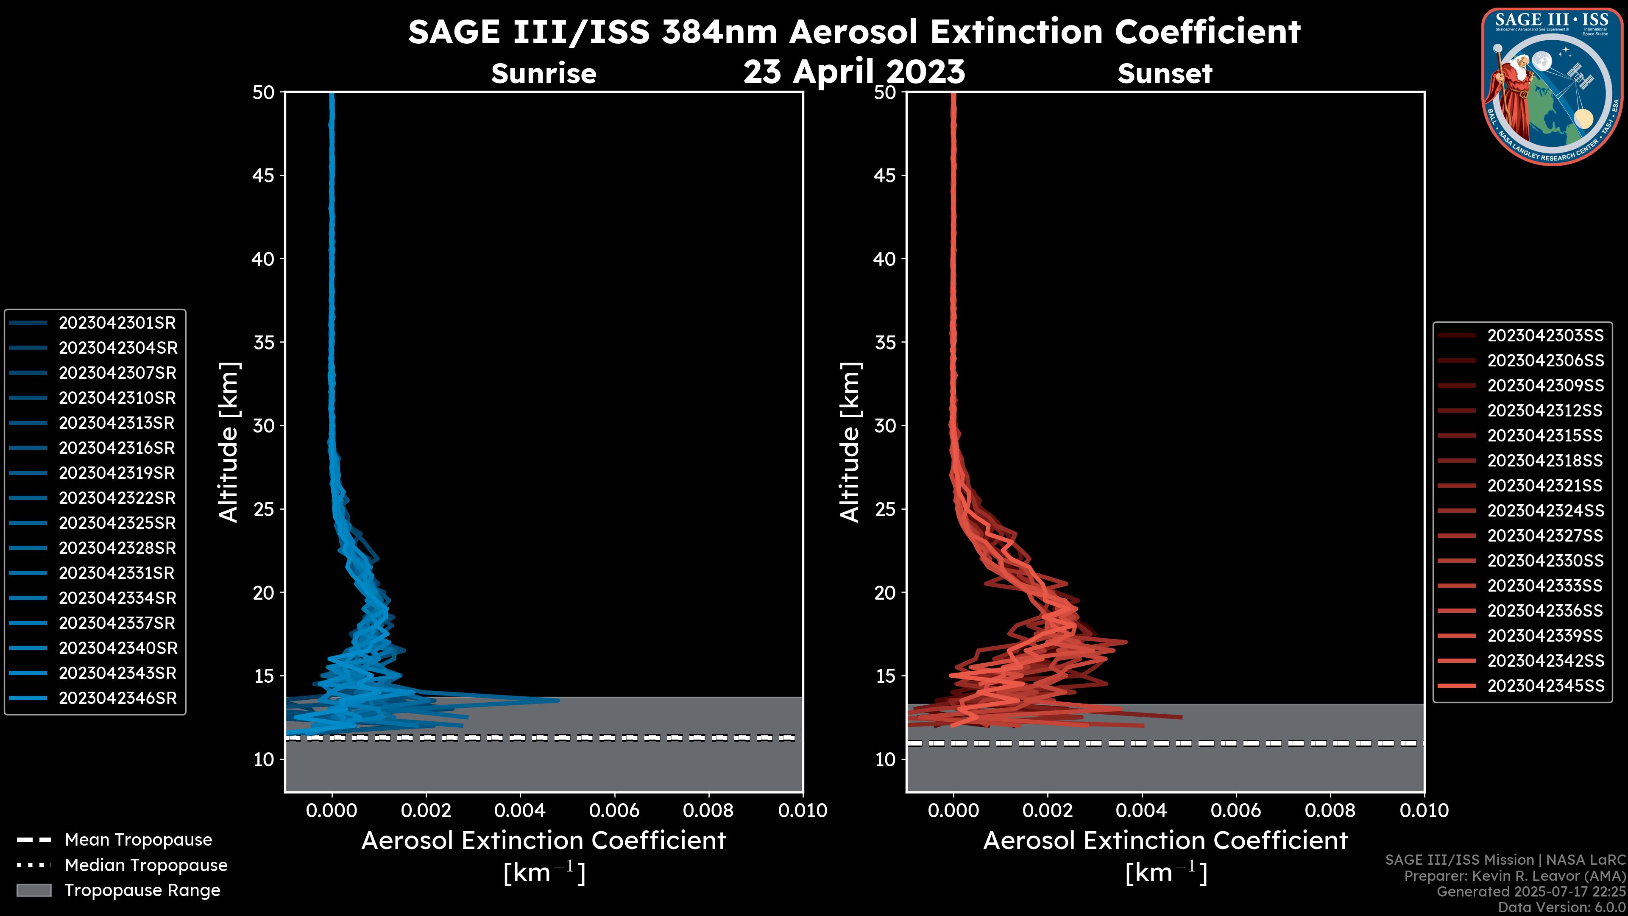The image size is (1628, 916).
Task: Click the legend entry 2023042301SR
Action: pos(117,323)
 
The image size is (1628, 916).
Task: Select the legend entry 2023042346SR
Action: pos(117,698)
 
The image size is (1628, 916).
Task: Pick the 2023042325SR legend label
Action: pos(117,523)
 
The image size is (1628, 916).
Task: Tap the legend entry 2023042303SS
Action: pos(1545,336)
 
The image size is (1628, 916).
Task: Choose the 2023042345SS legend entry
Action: pos(1545,686)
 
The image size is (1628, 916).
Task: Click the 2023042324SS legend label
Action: pos(1545,511)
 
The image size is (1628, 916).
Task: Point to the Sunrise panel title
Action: pos(544,74)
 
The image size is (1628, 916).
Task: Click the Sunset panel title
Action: pos(1165,74)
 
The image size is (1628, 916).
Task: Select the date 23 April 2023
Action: pos(854,71)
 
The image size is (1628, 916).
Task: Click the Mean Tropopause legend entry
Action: pos(138,840)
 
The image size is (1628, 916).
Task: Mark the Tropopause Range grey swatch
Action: pos(33,890)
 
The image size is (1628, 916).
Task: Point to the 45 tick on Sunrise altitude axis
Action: pos(264,176)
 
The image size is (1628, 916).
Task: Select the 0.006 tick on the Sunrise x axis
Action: pos(614,810)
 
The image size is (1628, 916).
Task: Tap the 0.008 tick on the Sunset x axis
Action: pos(1330,810)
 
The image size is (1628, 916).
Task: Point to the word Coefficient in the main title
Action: pos(1207,32)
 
